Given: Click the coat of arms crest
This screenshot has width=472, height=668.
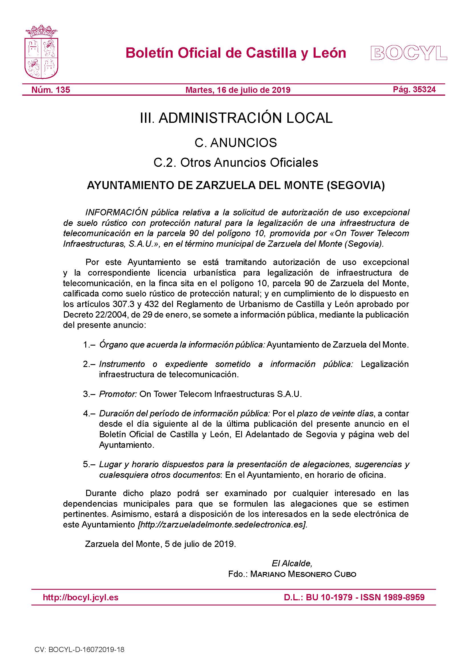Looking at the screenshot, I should (42, 52).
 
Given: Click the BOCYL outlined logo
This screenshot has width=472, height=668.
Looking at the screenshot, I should (408, 53).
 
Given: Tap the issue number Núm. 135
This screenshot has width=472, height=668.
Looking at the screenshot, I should (51, 90).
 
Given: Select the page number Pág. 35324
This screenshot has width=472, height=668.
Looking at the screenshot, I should (414, 89).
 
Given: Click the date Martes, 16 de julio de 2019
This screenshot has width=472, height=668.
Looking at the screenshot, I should (238, 90).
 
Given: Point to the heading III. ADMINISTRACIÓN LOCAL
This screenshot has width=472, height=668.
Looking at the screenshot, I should (236, 118).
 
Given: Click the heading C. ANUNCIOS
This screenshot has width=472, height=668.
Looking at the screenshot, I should (236, 143).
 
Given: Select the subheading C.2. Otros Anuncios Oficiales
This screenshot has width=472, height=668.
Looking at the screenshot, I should (236, 162).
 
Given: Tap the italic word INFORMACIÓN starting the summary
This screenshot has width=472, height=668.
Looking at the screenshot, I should (116, 212).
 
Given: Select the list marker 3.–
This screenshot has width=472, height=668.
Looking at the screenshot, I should (89, 394).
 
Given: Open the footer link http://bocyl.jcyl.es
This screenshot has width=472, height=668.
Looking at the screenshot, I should (80, 597).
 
